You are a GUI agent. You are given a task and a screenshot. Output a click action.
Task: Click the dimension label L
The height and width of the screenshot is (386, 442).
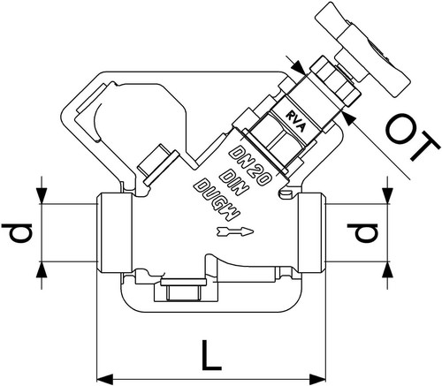point(211,354)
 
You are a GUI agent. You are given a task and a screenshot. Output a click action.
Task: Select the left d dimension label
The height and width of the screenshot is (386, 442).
point(17,233)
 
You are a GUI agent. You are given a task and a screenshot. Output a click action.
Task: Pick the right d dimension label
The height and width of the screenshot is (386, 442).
point(362,233)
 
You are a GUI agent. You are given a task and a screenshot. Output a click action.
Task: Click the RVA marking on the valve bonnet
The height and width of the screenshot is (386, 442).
point(296,122)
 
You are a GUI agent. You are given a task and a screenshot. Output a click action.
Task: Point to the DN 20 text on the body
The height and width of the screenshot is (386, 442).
point(250,165)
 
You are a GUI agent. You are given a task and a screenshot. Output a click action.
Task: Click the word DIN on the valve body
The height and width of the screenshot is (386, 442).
point(233,183)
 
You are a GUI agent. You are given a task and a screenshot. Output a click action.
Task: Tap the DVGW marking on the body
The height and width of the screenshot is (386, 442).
point(217,200)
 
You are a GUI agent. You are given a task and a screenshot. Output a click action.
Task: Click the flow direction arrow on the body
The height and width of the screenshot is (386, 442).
point(235,231)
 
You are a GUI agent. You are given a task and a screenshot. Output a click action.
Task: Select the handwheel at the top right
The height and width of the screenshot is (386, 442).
point(362,50)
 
